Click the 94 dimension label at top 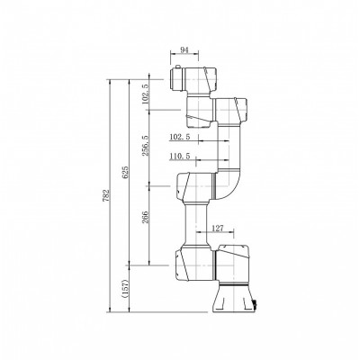(184, 50)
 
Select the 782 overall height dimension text (109, 195)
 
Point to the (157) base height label (126, 288)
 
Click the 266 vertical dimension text (145, 218)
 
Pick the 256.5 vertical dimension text (145, 146)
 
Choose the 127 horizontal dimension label (218, 229)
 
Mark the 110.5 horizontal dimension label (180, 157)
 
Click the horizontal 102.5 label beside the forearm (180, 137)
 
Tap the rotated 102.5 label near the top (145, 94)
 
